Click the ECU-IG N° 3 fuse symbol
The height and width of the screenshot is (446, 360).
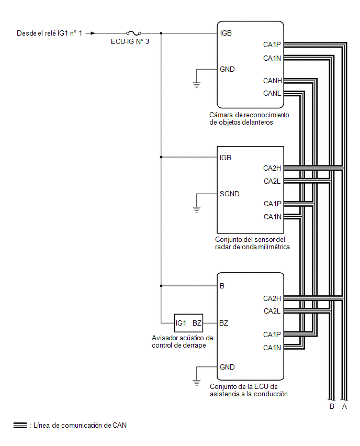[133, 33]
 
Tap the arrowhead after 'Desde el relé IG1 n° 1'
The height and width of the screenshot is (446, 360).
[93, 34]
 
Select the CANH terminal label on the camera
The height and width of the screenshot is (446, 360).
[273, 81]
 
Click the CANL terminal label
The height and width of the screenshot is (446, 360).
[272, 93]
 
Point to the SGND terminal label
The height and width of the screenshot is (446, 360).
[230, 194]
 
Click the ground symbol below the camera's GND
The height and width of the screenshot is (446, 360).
[197, 85]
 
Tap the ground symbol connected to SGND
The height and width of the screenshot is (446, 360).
[197, 209]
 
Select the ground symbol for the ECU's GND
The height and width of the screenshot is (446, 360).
[197, 383]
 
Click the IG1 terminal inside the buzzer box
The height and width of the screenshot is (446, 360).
[181, 323]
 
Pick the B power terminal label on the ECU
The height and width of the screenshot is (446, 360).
[222, 286]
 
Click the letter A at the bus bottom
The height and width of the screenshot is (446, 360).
[344, 406]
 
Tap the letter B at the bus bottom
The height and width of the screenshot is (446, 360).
[332, 406]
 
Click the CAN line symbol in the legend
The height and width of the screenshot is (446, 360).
[20, 425]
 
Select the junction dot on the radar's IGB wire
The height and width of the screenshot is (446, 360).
[161, 157]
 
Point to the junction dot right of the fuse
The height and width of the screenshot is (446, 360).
[161, 34]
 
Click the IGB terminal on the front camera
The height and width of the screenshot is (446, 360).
[226, 34]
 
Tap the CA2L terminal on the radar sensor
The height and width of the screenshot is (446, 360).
[272, 181]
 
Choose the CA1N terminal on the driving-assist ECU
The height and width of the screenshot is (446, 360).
[272, 348]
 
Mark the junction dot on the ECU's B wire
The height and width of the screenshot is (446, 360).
[161, 286]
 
